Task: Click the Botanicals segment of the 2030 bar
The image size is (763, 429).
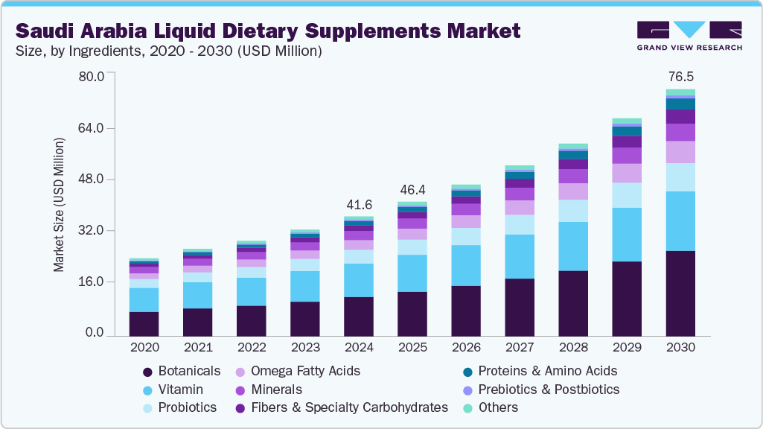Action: click(x=680, y=293)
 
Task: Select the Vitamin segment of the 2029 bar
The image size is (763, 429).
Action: click(x=627, y=235)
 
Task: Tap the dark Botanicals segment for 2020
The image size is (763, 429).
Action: click(x=144, y=324)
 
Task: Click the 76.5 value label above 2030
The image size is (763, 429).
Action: click(x=680, y=77)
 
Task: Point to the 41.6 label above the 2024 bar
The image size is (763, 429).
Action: click(x=359, y=204)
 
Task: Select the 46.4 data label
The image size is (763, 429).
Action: click(x=412, y=189)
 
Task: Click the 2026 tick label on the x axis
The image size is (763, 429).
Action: click(x=466, y=348)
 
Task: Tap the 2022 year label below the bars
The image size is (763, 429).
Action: click(x=252, y=348)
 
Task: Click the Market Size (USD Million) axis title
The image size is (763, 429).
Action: click(x=59, y=205)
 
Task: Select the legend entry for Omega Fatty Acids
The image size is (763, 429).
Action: click(x=305, y=371)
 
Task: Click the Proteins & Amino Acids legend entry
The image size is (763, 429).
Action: click(x=547, y=371)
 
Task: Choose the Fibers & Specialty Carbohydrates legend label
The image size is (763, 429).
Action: click(x=349, y=408)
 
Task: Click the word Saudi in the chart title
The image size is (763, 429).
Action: click(x=46, y=31)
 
